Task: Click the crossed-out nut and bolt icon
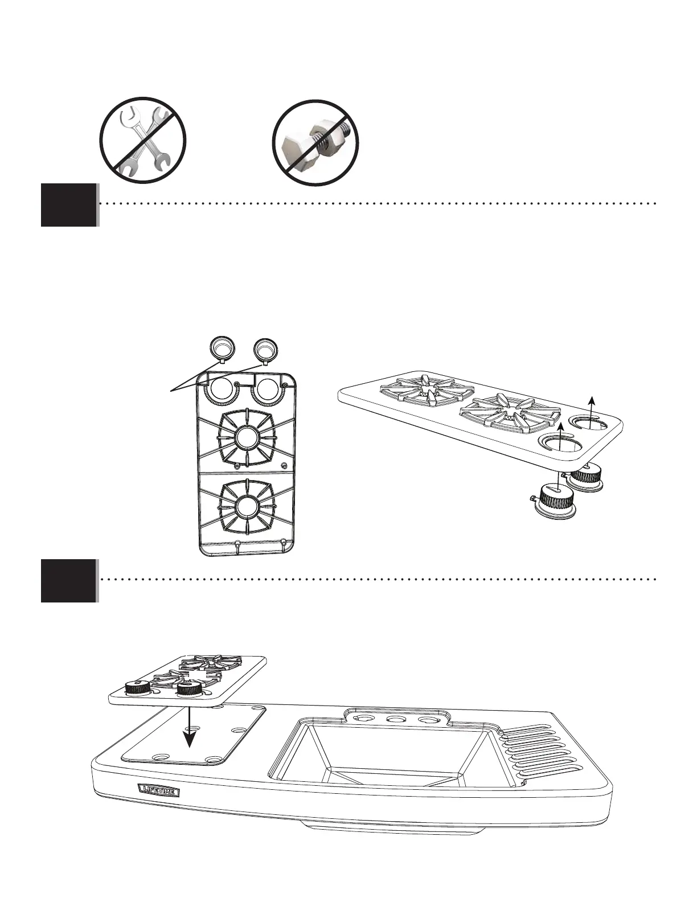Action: [x=317, y=142]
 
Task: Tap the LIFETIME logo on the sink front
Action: [x=159, y=791]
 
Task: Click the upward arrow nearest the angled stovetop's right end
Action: [x=592, y=410]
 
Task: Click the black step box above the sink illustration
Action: [x=68, y=581]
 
